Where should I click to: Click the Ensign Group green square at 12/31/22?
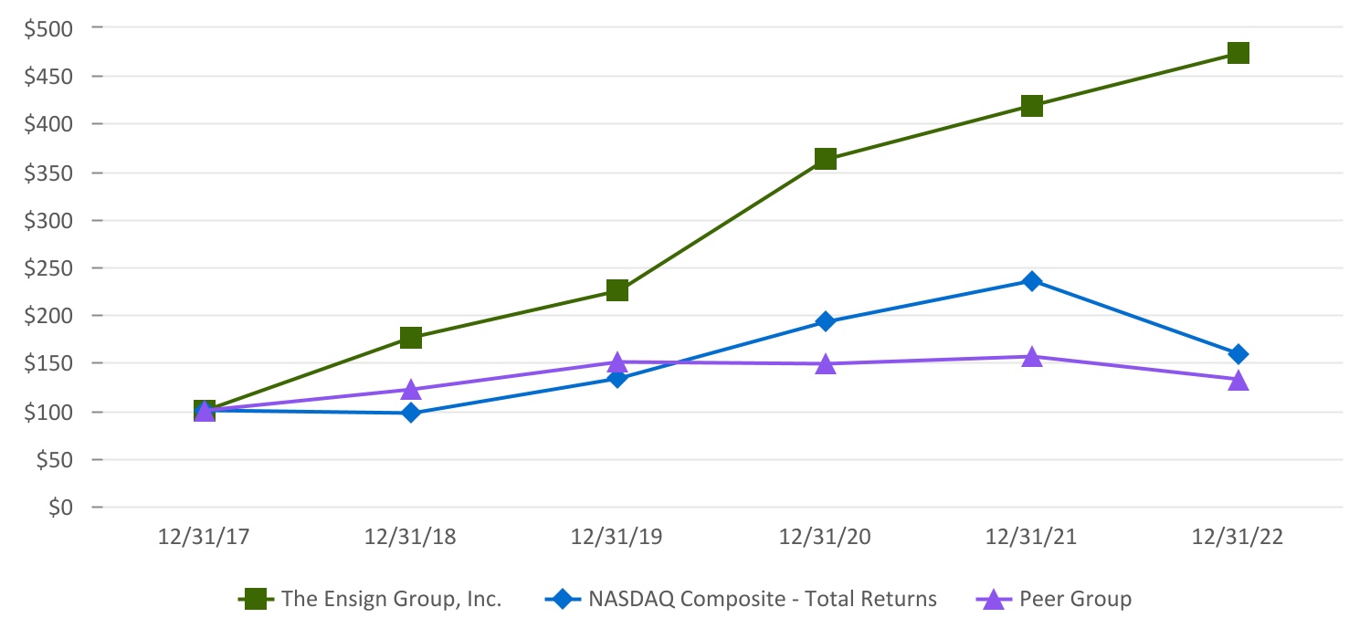[1238, 53]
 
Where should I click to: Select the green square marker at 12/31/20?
[825, 159]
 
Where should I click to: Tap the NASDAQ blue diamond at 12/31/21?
[1031, 281]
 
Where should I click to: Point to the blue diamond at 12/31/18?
[411, 413]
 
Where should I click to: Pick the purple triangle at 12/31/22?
[1238, 380]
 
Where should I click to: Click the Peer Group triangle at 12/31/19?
[617, 362]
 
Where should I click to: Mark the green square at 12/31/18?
[411, 338]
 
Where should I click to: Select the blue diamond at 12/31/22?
[1238, 354]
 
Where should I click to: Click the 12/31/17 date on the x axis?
[205, 538]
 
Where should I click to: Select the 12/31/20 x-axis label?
[825, 538]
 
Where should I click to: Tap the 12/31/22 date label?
[1238, 538]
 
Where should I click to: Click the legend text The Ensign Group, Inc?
[392, 600]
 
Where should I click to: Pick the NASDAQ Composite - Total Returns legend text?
[763, 600]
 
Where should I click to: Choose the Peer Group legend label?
[1075, 600]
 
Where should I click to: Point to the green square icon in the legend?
[256, 600]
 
